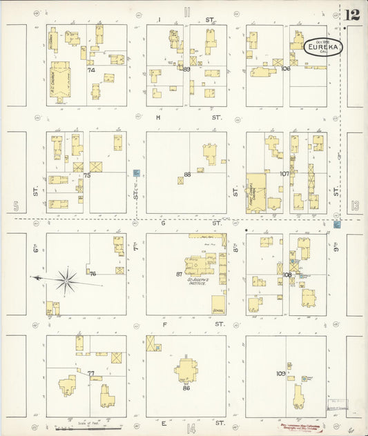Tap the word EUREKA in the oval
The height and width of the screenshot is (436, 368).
tap(322, 47)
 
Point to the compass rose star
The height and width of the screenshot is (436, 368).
tap(66, 279)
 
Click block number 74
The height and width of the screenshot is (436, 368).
tap(90, 70)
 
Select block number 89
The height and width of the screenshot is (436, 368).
tap(186, 69)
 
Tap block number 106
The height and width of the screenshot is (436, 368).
tap(286, 69)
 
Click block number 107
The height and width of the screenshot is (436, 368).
tap(284, 174)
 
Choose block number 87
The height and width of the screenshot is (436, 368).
tap(179, 274)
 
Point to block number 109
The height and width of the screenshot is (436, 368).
tap(280, 374)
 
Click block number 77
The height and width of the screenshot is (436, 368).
tap(90, 373)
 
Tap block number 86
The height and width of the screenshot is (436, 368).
tap(186, 388)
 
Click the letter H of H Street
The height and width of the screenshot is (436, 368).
tap(157, 118)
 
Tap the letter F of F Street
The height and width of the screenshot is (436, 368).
tap(164, 324)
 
